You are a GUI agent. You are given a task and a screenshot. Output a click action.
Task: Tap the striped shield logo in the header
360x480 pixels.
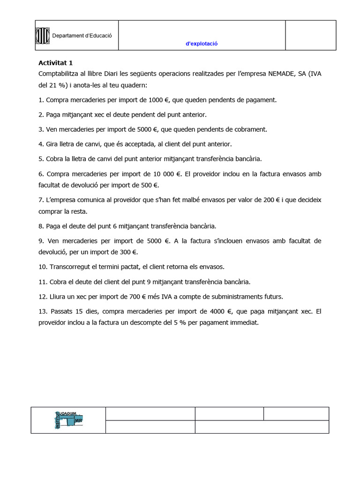[x=43, y=35]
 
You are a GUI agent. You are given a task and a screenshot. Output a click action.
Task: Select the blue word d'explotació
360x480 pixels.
[x=202, y=44]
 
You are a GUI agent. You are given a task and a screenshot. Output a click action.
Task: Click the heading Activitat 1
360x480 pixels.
[x=55, y=62]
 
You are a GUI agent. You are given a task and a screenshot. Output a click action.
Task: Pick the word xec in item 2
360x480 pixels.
[x=109, y=114]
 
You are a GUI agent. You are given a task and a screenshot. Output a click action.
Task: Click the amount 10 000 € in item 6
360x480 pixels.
[x=165, y=173]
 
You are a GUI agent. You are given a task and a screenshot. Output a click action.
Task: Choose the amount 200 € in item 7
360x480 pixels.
[x=270, y=200]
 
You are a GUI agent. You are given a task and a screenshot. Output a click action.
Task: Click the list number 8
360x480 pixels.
[x=41, y=226]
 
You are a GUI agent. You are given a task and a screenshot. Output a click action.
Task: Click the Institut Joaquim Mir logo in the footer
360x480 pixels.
[x=68, y=420]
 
